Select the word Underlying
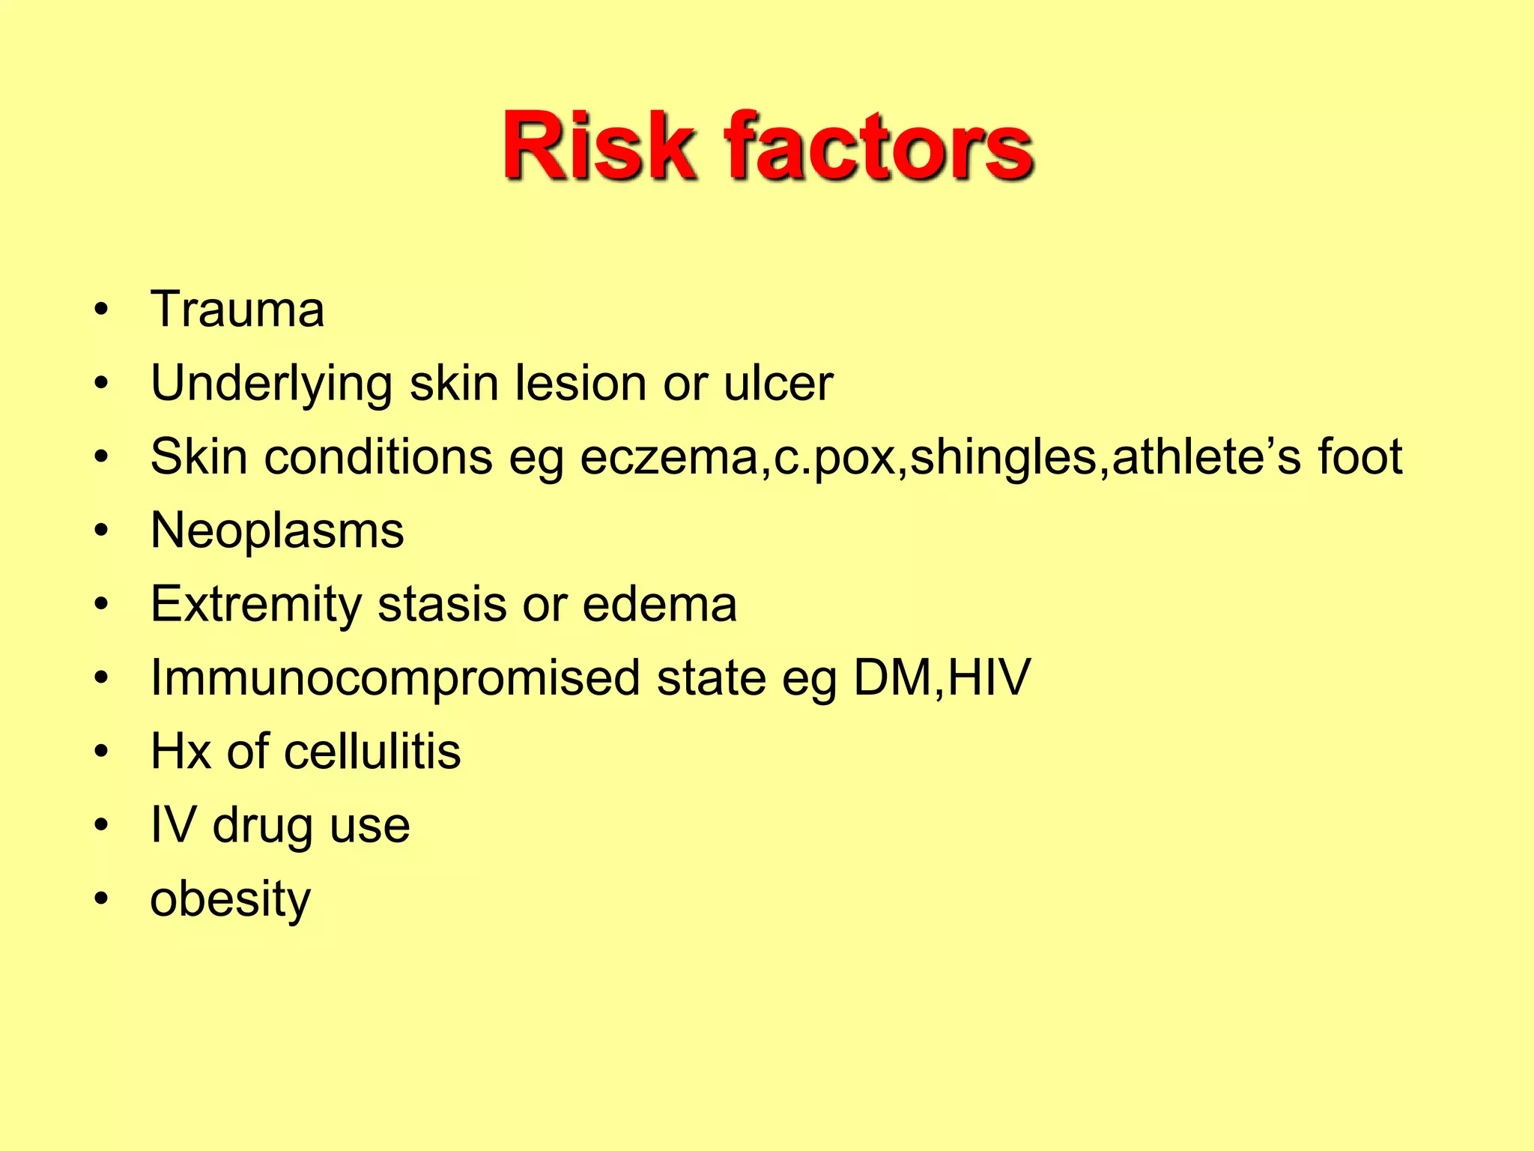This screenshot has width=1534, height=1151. tap(271, 384)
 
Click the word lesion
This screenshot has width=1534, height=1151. tap(580, 384)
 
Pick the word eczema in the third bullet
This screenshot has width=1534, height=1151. tap(669, 457)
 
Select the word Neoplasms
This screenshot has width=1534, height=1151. tap(277, 531)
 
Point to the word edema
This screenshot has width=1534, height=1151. tap(659, 604)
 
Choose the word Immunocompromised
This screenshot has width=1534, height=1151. tap(395, 678)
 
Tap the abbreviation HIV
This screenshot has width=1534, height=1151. tap(989, 677)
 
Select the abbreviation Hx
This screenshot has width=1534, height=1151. tap(181, 751)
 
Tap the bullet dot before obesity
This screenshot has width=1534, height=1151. tap(102, 898)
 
